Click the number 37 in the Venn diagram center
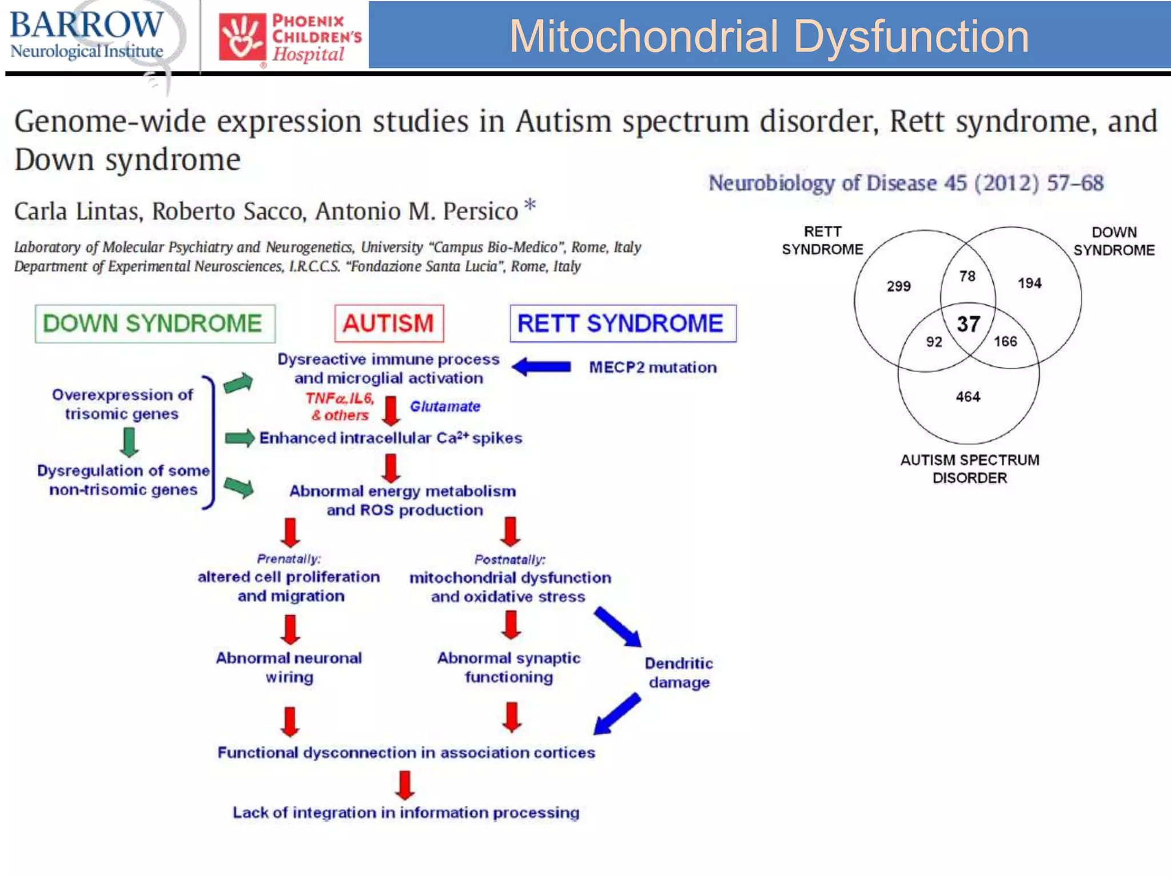pyautogui.click(x=968, y=325)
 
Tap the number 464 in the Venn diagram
pyautogui.click(x=968, y=397)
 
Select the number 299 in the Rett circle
pyautogui.click(x=898, y=286)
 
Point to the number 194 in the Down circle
pyautogui.click(x=1029, y=284)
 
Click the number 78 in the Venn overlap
pyautogui.click(x=967, y=277)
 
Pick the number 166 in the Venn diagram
pyautogui.click(x=1005, y=342)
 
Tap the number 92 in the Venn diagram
pyautogui.click(x=934, y=342)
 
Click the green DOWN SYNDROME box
pyautogui.click(x=155, y=324)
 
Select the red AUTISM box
pyautogui.click(x=389, y=324)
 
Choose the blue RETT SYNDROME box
pyautogui.click(x=623, y=324)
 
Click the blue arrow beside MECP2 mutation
pyautogui.click(x=541, y=367)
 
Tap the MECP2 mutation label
pyautogui.click(x=652, y=368)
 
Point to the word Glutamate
pyautogui.click(x=445, y=406)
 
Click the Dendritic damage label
pyautogui.click(x=679, y=673)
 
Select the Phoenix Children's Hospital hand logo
pyautogui.click(x=242, y=38)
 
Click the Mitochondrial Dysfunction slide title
pyautogui.click(x=768, y=36)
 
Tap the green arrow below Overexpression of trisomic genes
pyautogui.click(x=130, y=442)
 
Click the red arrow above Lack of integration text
pyautogui.click(x=405, y=785)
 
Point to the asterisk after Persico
pyautogui.click(x=530, y=204)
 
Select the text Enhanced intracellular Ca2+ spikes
pyautogui.click(x=391, y=438)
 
